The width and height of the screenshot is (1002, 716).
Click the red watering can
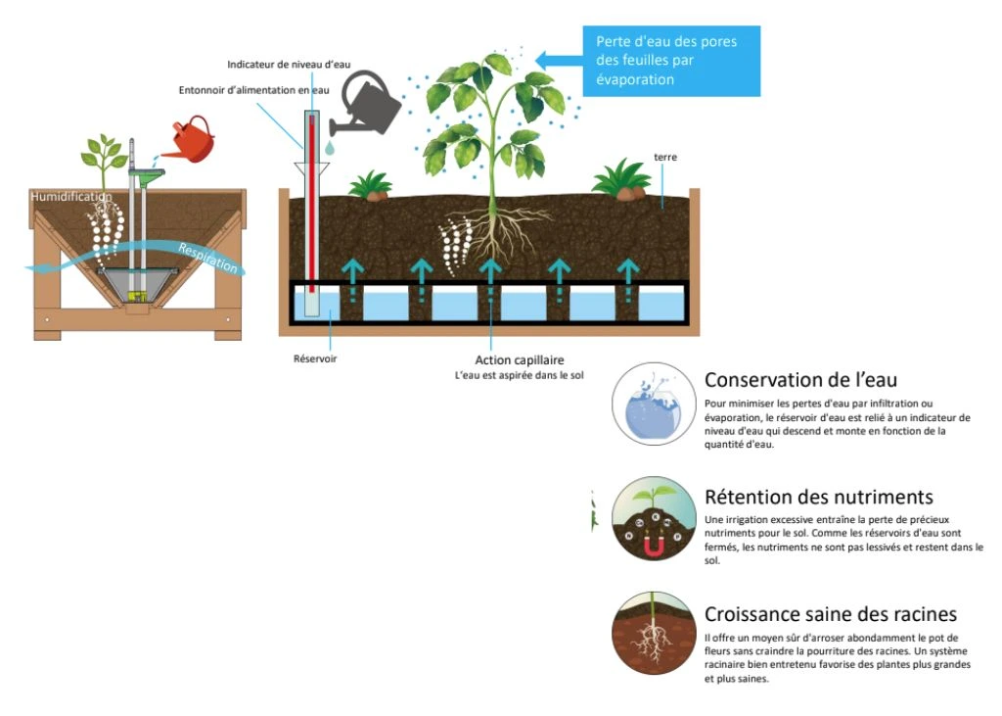tap(194, 140)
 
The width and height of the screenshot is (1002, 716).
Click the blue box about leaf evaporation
tap(671, 61)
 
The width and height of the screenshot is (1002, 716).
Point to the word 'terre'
tap(665, 157)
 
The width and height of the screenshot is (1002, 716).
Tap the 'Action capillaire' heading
tap(520, 359)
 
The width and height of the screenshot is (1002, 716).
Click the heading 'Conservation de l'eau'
tap(800, 380)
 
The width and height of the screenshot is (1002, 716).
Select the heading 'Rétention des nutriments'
tap(818, 498)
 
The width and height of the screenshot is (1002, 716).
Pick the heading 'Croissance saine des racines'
tap(830, 615)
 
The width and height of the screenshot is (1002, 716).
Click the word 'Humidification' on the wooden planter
tap(71, 197)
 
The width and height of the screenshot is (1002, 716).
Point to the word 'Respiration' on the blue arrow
tap(207, 257)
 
